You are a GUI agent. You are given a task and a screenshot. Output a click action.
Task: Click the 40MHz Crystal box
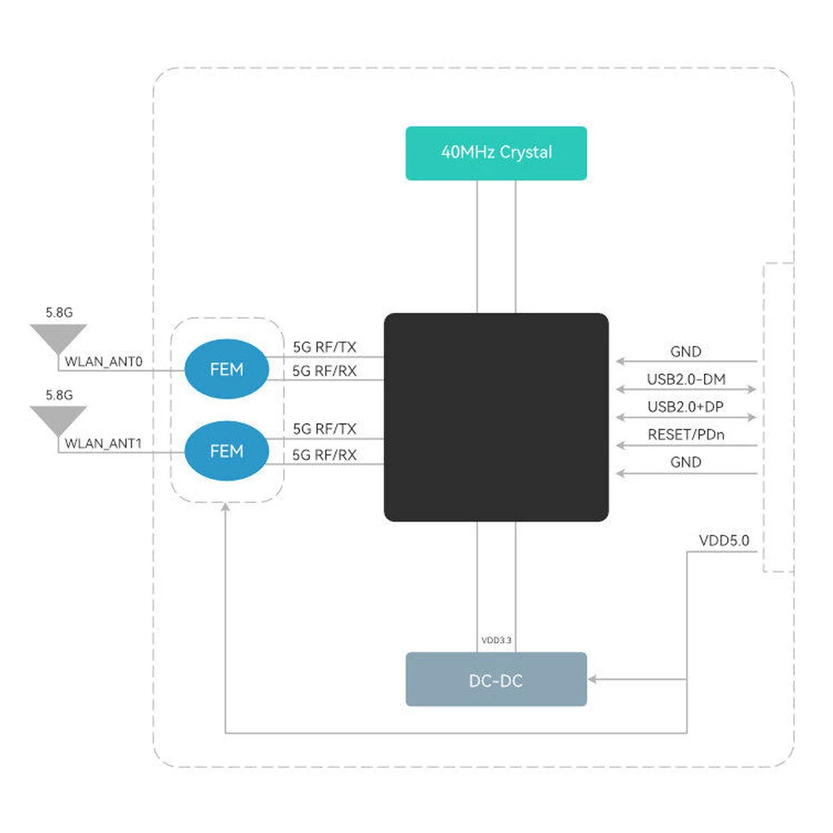pyautogui.click(x=496, y=153)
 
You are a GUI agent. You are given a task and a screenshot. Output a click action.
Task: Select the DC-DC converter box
pyautogui.click(x=496, y=679)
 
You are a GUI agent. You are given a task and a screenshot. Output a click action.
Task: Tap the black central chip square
pyautogui.click(x=496, y=417)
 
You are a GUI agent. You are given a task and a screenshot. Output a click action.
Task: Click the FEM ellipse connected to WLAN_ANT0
pyautogui.click(x=227, y=369)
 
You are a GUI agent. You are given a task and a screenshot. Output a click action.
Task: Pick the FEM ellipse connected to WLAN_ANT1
pyautogui.click(x=227, y=451)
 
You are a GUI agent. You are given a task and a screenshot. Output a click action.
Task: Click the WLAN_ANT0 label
pyautogui.click(x=103, y=362)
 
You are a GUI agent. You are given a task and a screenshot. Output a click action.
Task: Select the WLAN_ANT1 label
pyautogui.click(x=103, y=444)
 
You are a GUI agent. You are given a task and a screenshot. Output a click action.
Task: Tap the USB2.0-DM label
pyautogui.click(x=686, y=379)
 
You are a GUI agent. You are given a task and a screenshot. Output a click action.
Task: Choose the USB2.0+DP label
pyautogui.click(x=686, y=407)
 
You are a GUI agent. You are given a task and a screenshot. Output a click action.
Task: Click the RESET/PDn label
pyautogui.click(x=686, y=435)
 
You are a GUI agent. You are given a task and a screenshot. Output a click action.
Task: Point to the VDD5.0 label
pyautogui.click(x=724, y=541)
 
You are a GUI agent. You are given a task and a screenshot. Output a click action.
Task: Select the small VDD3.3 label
pyautogui.click(x=496, y=640)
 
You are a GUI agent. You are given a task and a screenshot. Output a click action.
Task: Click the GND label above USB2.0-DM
pyautogui.click(x=686, y=352)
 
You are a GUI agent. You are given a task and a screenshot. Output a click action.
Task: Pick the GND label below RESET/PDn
pyautogui.click(x=686, y=462)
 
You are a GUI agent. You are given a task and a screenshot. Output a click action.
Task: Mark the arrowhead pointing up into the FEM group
pyautogui.click(x=225, y=507)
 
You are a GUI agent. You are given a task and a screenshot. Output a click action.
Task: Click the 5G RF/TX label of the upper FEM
pyautogui.click(x=325, y=347)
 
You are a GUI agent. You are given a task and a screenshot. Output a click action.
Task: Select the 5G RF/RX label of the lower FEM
pyautogui.click(x=325, y=455)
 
